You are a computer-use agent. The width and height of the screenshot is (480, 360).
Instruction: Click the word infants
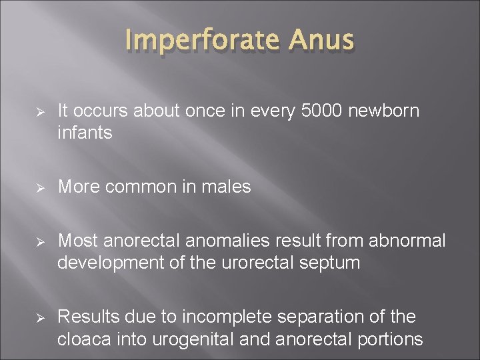(x=85, y=133)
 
